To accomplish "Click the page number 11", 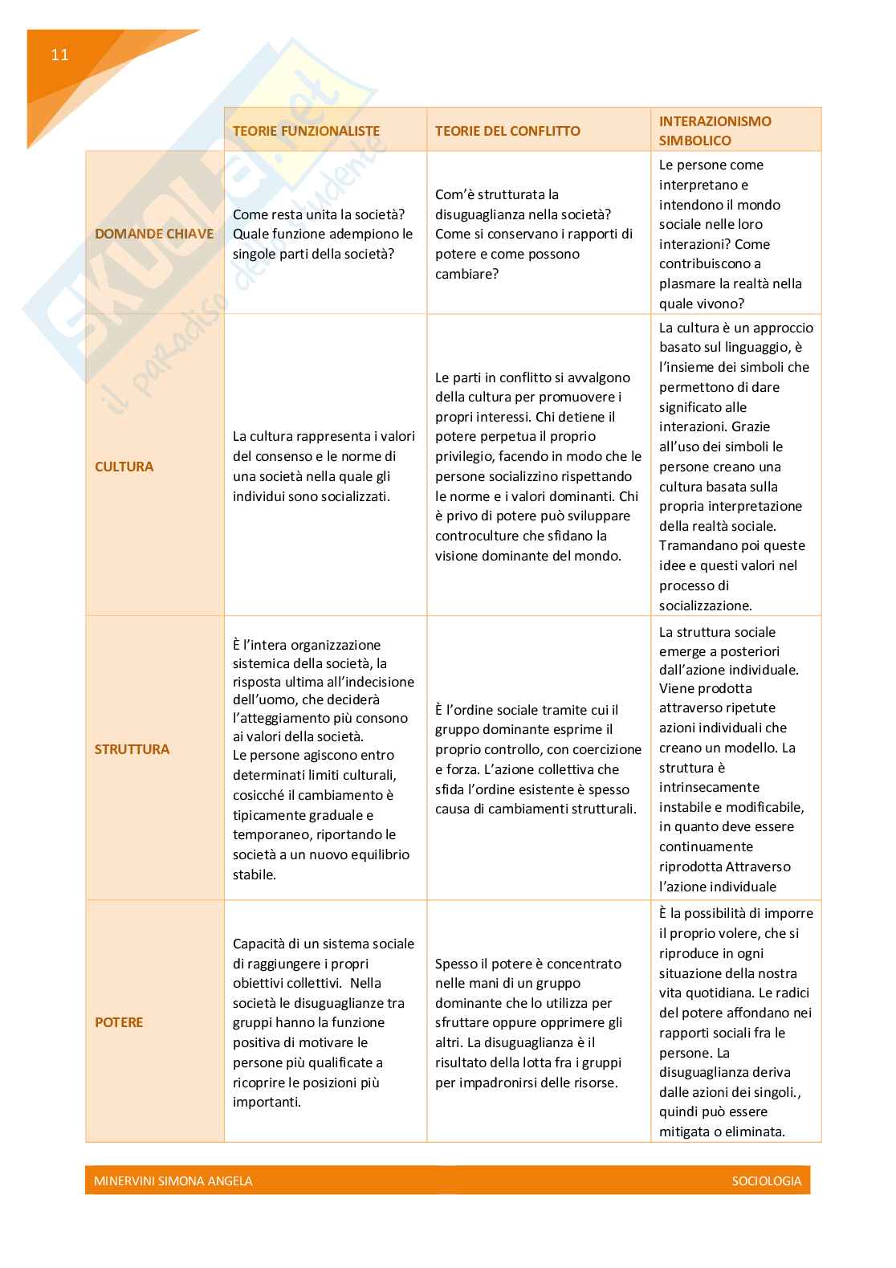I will click(59, 55).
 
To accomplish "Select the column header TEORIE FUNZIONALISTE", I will click(306, 131).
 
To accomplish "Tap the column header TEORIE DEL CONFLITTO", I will click(507, 131).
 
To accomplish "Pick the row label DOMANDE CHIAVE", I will click(154, 234).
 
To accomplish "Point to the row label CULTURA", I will click(124, 467).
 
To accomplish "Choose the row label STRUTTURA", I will click(132, 749).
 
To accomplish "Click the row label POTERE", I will click(119, 1022).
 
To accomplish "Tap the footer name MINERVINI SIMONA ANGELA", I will click(173, 1180).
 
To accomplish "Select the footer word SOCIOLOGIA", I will click(766, 1180).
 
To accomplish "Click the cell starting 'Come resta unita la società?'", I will click(323, 234).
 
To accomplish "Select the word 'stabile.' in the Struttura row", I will click(255, 875).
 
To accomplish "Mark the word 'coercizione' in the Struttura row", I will click(606, 749).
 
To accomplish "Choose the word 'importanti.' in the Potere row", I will click(267, 1102).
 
